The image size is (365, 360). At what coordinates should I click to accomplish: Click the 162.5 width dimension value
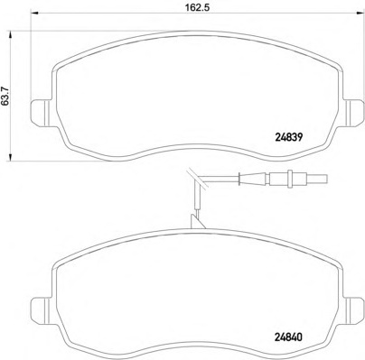pos(197,7)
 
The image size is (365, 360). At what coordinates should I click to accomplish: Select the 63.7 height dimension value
pos(5,96)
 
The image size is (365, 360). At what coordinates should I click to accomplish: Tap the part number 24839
pos(288,137)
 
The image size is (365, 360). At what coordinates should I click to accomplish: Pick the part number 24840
pos(288,337)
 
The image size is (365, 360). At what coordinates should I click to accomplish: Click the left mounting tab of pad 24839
pos(42,113)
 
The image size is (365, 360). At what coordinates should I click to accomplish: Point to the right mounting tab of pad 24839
pos(354,113)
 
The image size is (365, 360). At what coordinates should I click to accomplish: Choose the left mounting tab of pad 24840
pos(42,310)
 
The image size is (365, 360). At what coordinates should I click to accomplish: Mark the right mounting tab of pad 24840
pos(354,310)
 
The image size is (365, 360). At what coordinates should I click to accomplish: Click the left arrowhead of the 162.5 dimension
pos(35,13)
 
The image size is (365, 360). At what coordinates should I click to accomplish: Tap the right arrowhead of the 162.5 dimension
pos(360,13)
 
